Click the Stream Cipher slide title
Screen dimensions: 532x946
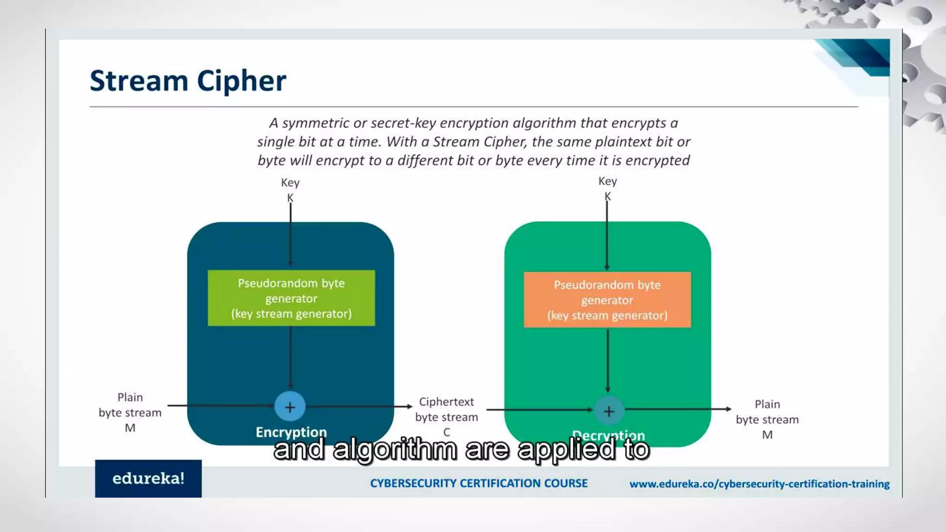coord(188,81)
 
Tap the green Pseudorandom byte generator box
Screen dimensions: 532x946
coord(291,298)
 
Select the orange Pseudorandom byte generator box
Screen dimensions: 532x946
coord(607,300)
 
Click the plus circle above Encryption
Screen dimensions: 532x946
coord(290,407)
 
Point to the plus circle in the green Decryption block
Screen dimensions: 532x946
coord(608,411)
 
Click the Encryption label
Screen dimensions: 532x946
coord(291,432)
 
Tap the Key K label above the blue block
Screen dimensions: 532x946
coord(290,190)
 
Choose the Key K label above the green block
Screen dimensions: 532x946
coord(607,188)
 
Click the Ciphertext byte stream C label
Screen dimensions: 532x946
coord(446,417)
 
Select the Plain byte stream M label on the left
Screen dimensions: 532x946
coord(130,412)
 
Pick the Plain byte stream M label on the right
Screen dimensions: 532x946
coord(767,419)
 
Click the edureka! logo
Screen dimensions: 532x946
coord(148,478)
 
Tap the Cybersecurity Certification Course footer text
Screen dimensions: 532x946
coord(479,484)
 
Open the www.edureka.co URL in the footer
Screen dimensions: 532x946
coord(759,484)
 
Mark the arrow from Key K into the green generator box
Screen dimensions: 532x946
coord(291,236)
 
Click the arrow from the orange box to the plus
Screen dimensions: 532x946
coord(607,360)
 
